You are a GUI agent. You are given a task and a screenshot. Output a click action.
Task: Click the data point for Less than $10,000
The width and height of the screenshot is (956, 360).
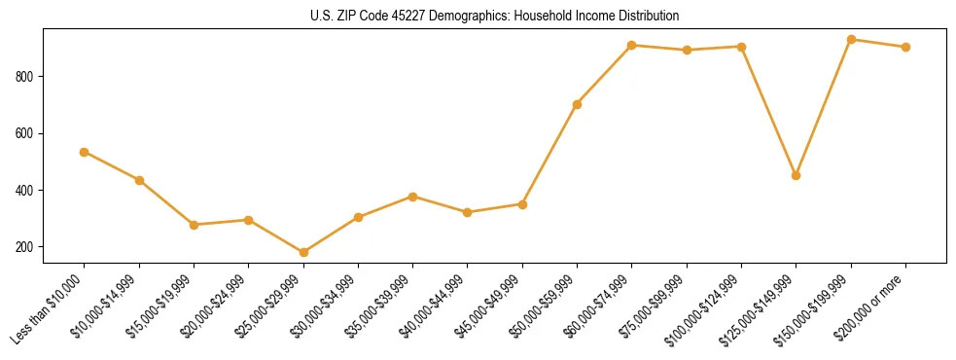[85, 152]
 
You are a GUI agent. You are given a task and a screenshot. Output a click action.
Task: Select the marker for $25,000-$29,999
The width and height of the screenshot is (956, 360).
[303, 253]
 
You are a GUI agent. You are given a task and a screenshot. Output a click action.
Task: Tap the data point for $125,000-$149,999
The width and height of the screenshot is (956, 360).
[797, 175]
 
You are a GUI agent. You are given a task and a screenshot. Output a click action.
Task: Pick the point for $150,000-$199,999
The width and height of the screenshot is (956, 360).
[851, 40]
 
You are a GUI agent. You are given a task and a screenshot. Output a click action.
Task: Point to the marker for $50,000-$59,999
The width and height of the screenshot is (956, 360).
[578, 104]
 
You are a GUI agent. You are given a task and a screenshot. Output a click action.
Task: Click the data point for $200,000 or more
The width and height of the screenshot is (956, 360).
[905, 47]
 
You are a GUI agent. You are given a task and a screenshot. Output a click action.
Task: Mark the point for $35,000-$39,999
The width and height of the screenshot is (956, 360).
[413, 197]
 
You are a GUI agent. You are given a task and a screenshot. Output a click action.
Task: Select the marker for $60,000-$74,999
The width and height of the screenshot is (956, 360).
[632, 45]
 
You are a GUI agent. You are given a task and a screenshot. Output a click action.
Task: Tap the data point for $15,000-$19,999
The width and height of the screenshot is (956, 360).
[195, 225]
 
